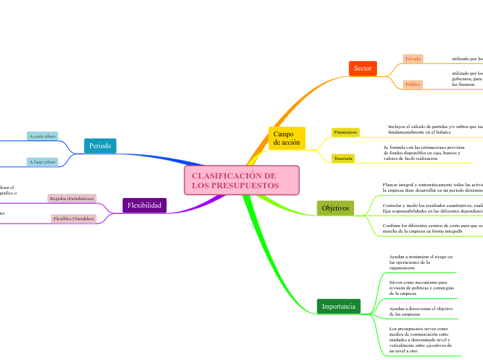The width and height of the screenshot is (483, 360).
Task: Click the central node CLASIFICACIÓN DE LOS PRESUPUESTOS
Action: [242, 181]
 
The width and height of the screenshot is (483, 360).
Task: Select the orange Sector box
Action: [362, 68]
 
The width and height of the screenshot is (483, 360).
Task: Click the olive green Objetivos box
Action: [335, 208]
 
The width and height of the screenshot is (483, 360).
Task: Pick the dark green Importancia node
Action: [338, 306]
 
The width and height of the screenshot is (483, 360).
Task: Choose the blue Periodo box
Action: [100, 145]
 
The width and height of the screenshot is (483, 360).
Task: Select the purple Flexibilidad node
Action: [144, 205]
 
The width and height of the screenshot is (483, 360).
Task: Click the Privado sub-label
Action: [413, 59]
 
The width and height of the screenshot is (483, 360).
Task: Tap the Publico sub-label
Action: [413, 84]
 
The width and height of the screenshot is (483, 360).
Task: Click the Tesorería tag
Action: [343, 159]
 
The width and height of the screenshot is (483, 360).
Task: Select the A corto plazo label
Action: [42, 136]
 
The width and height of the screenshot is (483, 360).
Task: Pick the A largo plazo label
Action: [42, 162]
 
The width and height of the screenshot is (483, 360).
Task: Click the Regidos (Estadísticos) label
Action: [72, 198]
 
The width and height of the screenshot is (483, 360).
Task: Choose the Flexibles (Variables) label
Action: [73, 219]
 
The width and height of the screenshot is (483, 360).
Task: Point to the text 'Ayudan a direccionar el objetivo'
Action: [420, 311]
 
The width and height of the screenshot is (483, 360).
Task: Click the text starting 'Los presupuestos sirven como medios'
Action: [420, 340]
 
